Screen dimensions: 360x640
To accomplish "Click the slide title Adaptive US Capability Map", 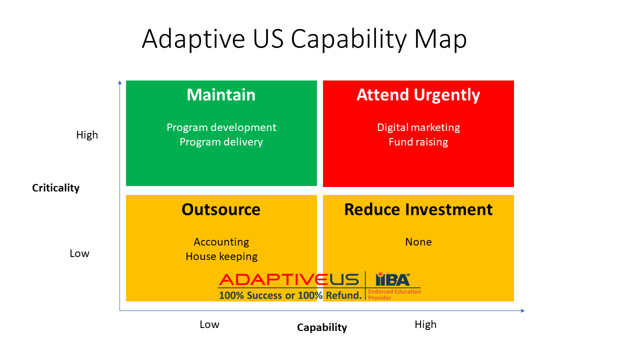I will pos(304,39).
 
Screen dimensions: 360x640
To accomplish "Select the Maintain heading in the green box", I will pos(221,95).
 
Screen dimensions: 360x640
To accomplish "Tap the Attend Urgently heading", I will pos(418,95).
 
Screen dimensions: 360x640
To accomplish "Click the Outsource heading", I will pos(221,209).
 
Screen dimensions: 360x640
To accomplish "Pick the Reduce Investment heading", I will pos(418,209).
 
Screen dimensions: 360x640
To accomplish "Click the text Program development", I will pos(221,127).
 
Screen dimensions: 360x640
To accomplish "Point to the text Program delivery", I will pos(221,142).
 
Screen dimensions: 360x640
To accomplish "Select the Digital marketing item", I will pos(418,127).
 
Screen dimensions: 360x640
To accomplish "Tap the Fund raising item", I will pos(418,142).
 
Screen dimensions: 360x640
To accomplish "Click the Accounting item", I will pos(221,242).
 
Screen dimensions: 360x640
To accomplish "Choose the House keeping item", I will pos(221,256).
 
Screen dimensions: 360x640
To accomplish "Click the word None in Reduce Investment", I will pos(418,242).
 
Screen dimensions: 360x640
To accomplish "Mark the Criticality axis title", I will pos(55,188).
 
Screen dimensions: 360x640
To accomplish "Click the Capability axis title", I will pos(321,327).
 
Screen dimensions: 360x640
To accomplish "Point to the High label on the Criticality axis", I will pos(87,135).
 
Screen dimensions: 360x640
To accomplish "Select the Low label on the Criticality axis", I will pos(79,253).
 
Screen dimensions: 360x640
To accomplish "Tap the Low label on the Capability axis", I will pos(209,324).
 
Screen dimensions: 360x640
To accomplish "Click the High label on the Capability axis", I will pos(425,324).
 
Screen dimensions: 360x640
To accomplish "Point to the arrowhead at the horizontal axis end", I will pos(522,311).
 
